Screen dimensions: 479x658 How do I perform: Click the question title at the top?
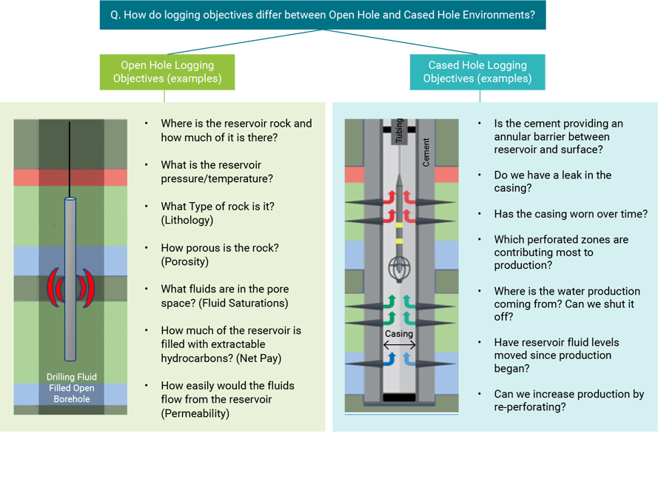click(322, 15)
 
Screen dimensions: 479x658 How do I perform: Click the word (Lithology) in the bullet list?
click(187, 220)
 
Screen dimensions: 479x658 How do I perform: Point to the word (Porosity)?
click(186, 261)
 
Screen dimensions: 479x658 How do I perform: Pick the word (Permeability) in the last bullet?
click(195, 413)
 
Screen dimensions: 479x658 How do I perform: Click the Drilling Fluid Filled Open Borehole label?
click(71, 388)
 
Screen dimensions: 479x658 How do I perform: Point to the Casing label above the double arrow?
click(399, 334)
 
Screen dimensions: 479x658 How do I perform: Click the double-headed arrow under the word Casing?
click(399, 346)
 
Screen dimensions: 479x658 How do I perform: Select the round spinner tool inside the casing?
click(399, 268)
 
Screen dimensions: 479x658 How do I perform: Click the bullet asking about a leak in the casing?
click(552, 181)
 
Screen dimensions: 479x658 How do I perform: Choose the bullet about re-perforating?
click(568, 401)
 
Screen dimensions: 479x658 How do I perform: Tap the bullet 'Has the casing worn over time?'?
click(571, 214)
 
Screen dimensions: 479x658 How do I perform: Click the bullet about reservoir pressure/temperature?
click(217, 172)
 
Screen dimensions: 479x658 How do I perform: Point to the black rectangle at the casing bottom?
click(400, 398)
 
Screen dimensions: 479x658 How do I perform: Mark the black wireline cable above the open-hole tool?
click(70, 159)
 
